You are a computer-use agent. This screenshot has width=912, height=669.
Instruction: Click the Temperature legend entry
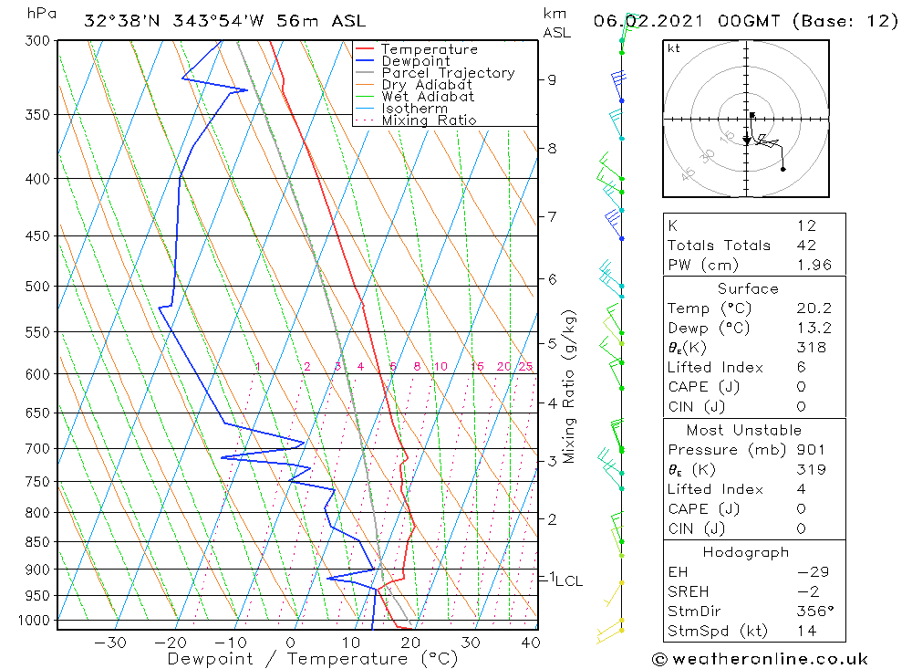tap(429, 49)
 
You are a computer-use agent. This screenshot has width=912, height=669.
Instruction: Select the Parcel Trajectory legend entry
tap(448, 73)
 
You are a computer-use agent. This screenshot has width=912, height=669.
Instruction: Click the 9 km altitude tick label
tap(551, 79)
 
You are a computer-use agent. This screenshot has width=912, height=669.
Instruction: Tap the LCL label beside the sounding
tap(568, 580)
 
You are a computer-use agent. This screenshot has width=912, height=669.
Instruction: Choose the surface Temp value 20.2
tap(813, 308)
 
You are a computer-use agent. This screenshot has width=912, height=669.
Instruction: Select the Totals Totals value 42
tap(805, 245)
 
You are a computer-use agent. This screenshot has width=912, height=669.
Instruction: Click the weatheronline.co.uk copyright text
tap(760, 659)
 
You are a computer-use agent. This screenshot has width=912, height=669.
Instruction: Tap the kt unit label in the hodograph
tap(674, 48)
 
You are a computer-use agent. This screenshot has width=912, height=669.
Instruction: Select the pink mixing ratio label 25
tap(525, 367)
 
